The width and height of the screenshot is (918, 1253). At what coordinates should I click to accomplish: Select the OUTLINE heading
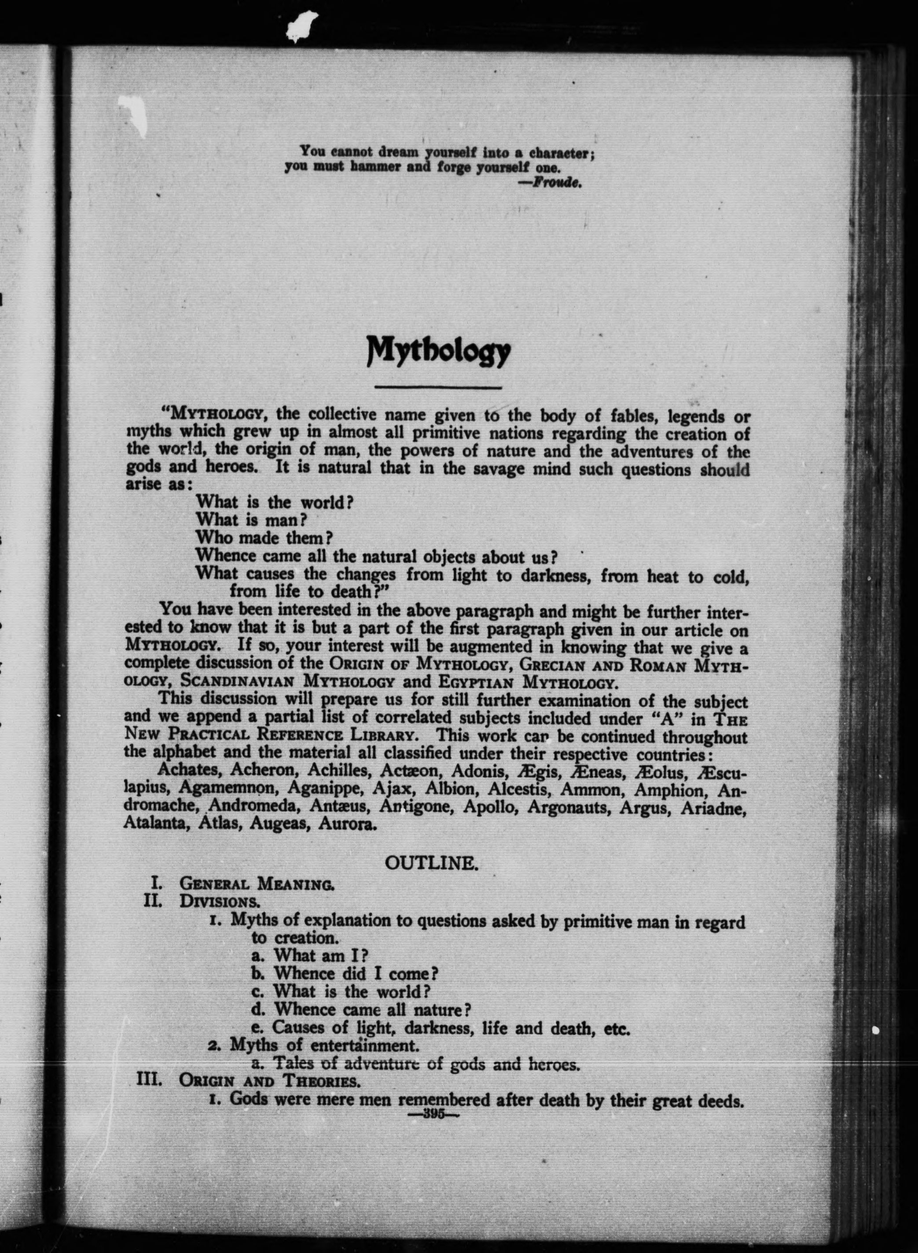(x=431, y=863)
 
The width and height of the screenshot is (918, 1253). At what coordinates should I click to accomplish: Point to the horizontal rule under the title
(x=438, y=387)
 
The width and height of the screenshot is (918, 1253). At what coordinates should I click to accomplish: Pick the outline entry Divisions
(x=219, y=901)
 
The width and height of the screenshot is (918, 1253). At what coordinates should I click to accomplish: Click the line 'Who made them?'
(x=264, y=538)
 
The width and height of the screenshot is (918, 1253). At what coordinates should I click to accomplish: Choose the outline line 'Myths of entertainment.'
(x=323, y=1045)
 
